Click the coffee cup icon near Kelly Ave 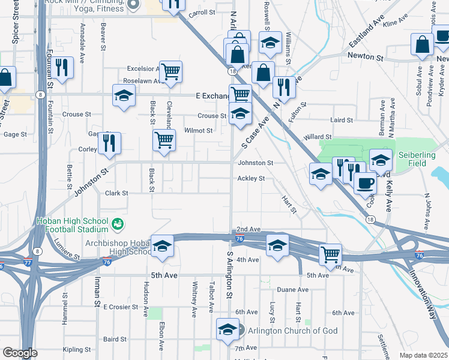[x=365, y=182]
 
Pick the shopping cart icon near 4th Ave [x=330, y=254]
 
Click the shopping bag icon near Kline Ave [x=422, y=44]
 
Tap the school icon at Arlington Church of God [x=227, y=329]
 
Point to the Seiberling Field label [x=417, y=159]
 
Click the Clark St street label [x=116, y=193]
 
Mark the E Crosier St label [x=121, y=307]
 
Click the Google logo [x=20, y=353]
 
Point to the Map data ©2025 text [x=423, y=355]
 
